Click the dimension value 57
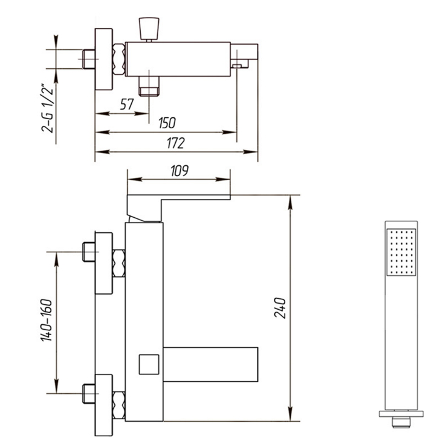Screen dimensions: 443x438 pyautogui.click(x=126, y=104)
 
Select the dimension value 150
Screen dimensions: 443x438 pyautogui.click(x=167, y=123)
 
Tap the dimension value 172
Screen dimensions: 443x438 pyautogui.click(x=175, y=143)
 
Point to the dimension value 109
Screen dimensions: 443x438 pyautogui.click(x=179, y=171)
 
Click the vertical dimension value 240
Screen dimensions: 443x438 pyautogui.click(x=280, y=308)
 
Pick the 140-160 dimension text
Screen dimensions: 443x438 pyautogui.click(x=47, y=320)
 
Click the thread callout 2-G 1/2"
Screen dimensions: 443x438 pyautogui.click(x=47, y=108)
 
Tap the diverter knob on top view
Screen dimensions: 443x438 pyautogui.click(x=149, y=28)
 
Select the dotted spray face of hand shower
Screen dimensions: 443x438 pyautogui.click(x=401, y=252)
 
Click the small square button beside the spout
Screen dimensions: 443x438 pyautogui.click(x=149, y=364)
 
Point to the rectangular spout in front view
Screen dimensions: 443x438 pyautogui.click(x=211, y=364)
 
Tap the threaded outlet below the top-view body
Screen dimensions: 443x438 pyautogui.click(x=149, y=87)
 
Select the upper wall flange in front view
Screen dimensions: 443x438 pyautogui.click(x=104, y=263)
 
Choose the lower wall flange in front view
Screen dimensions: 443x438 pyautogui.click(x=104, y=405)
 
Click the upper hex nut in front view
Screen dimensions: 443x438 pyautogui.click(x=118, y=264)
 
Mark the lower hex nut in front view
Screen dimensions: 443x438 pyautogui.click(x=118, y=405)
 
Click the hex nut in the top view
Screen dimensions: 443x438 pyautogui.click(x=118, y=59)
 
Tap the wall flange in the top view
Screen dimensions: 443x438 pyautogui.click(x=104, y=59)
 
